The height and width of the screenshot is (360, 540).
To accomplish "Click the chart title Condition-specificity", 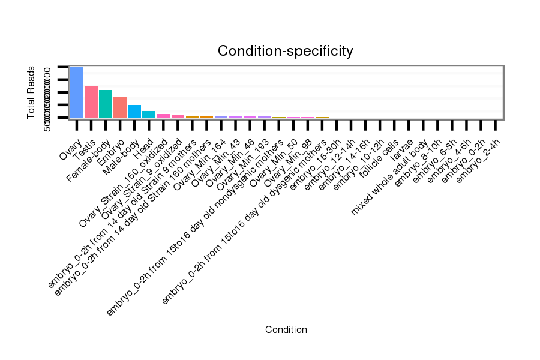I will point(285,52).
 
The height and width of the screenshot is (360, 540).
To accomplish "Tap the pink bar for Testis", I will point(91,102).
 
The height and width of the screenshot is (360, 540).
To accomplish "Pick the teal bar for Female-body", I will point(106,104).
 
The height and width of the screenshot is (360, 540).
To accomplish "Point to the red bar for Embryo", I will point(120,107).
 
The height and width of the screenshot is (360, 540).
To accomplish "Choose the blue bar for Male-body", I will point(134,111).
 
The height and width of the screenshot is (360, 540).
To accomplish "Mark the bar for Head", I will point(149,114).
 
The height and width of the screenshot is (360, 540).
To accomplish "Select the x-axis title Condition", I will point(286,330).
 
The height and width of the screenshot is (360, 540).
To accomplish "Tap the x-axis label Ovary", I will point(69,149).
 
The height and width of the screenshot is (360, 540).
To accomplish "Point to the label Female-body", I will point(89,158).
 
